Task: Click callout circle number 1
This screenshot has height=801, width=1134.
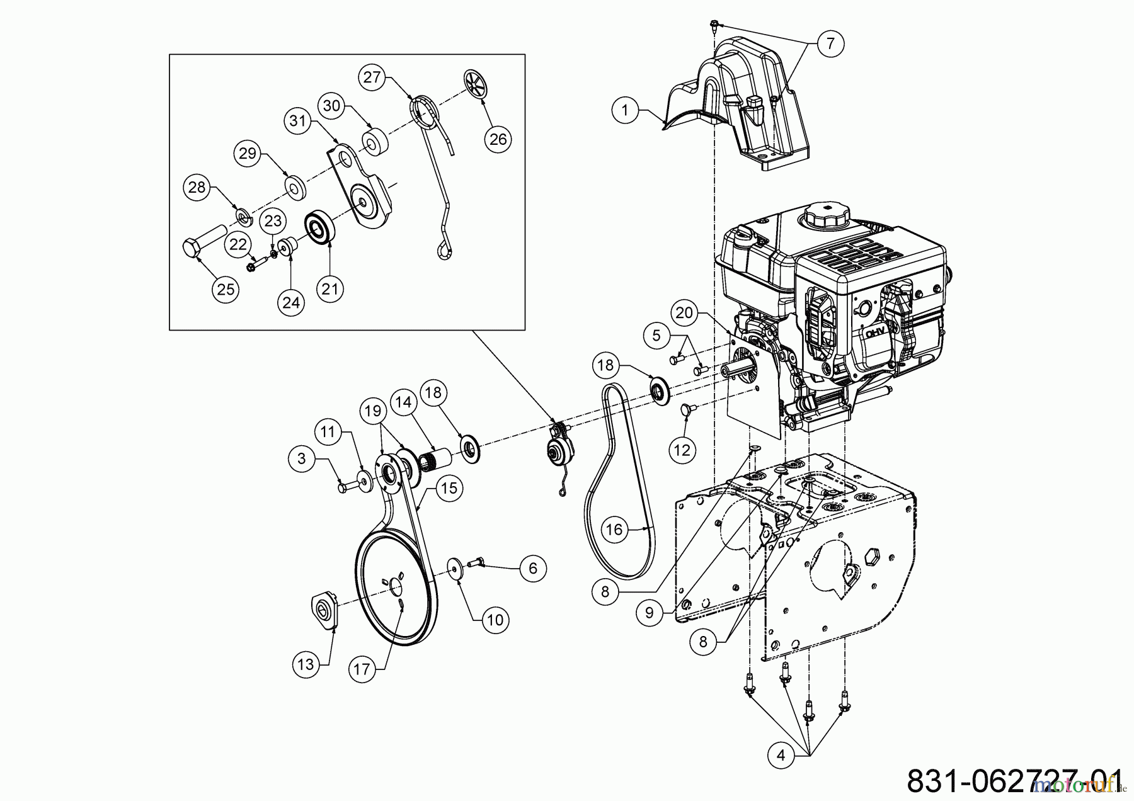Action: coord(624,111)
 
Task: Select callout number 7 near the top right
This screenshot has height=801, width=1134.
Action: coord(830,43)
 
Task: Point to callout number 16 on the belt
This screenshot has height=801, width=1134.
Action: coord(614,530)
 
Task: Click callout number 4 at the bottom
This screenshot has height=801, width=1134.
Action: coord(781,755)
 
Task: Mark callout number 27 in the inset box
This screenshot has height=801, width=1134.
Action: coord(372,77)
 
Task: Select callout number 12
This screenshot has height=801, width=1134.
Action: coord(682,450)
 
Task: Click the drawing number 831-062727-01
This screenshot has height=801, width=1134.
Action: coord(1014,781)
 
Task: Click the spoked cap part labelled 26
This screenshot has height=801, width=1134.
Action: coord(478,82)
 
